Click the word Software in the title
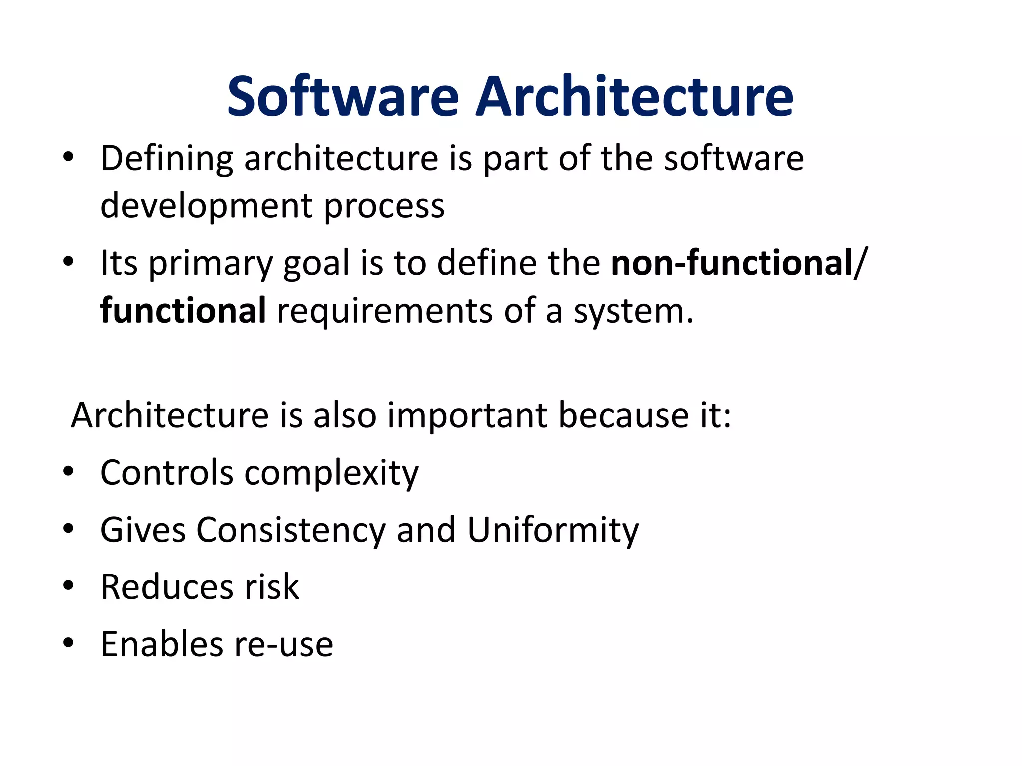click(342, 96)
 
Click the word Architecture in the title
click(634, 96)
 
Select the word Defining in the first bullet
click(167, 159)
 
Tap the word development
click(207, 206)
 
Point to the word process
click(384, 206)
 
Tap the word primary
click(211, 264)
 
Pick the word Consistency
click(290, 530)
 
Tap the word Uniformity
click(552, 530)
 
